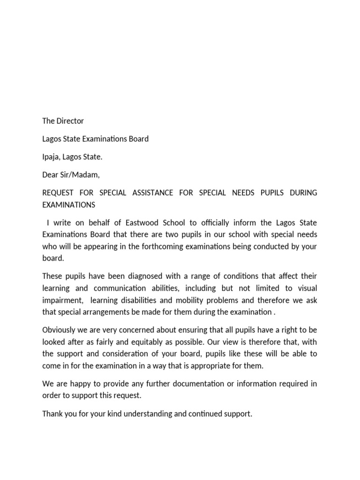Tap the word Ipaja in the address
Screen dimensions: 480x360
tap(52, 157)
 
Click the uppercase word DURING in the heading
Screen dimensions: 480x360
tap(303, 193)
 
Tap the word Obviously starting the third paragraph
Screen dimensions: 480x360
tap(60, 330)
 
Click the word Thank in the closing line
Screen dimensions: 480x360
tap(52, 414)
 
